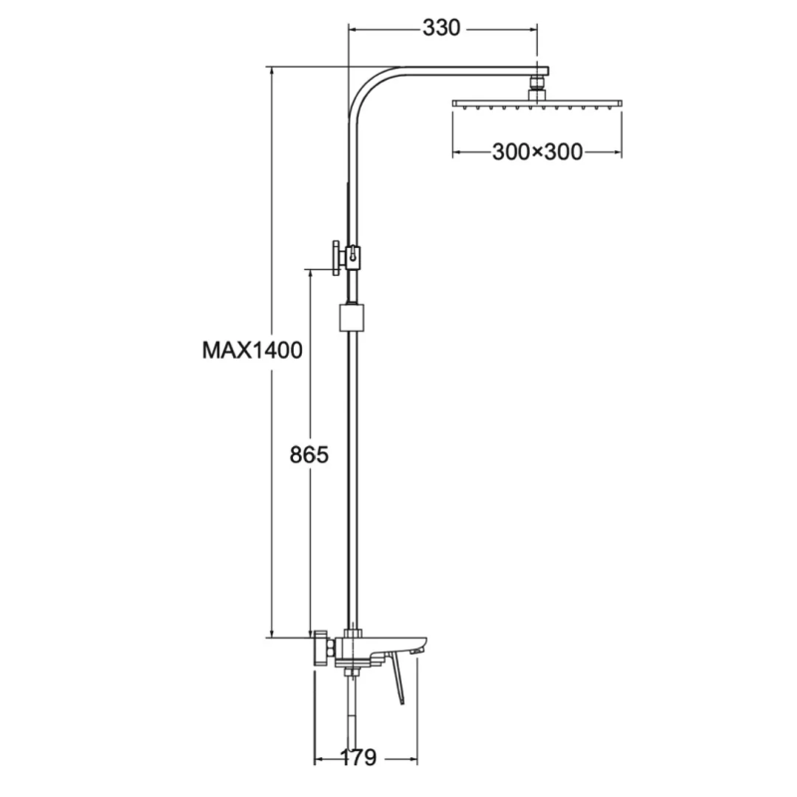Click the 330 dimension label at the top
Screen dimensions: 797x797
coord(441,28)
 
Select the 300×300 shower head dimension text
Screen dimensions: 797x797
coord(537,151)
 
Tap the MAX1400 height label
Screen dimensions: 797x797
coord(252,351)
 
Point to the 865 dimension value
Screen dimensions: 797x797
coord(309,454)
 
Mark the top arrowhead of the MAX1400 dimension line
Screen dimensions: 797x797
coord(272,71)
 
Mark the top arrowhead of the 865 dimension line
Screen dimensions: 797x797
coord(311,269)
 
